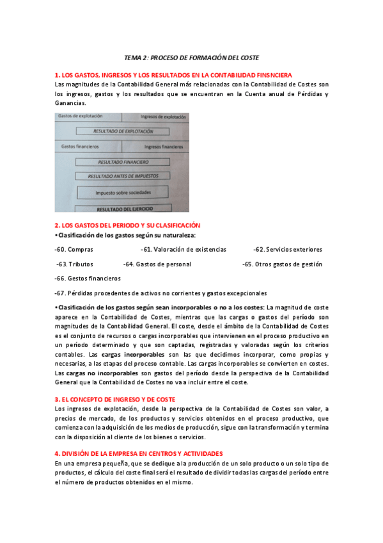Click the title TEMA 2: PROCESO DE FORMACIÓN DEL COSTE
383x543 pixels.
[191, 57]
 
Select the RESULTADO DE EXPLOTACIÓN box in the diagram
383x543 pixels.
[123, 131]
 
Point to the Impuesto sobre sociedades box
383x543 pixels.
[123, 192]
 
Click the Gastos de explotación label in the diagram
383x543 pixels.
[80, 117]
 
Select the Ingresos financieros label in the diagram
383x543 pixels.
[163, 147]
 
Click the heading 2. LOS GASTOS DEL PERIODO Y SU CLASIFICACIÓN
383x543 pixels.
[128, 225]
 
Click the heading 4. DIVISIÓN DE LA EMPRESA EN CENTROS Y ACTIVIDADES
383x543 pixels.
[139, 453]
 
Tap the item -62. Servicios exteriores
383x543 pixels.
[288, 249]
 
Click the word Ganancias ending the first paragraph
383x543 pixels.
[70, 102]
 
